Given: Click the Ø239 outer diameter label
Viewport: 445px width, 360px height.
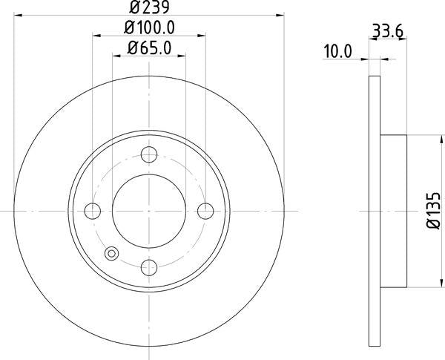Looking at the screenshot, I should click(x=149, y=9).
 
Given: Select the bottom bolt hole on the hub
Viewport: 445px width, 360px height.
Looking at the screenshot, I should click(x=149, y=265).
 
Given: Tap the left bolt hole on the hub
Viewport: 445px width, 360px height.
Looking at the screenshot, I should click(x=93, y=210).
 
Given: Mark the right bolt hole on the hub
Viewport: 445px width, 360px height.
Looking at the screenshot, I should click(x=204, y=210).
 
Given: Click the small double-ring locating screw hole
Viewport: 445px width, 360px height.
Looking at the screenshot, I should click(x=112, y=252).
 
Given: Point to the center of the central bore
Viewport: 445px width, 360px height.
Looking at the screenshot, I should click(x=149, y=210).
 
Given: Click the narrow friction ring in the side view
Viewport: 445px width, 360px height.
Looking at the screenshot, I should click(x=375, y=210).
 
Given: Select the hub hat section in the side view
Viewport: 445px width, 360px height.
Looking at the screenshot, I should click(x=394, y=210).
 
